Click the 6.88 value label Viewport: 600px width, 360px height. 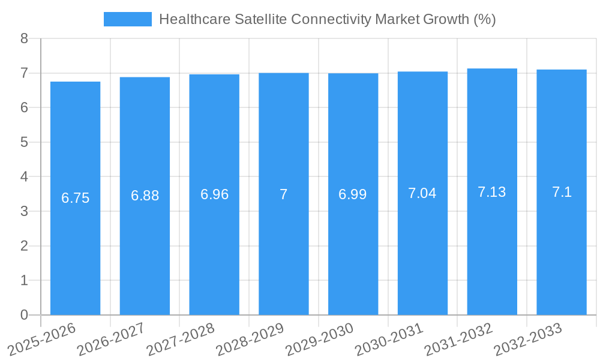click(145, 196)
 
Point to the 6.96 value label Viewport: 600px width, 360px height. click(214, 194)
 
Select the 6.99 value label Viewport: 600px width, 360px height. click(353, 194)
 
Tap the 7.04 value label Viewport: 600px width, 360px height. click(422, 193)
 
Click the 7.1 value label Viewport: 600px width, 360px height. click(562, 192)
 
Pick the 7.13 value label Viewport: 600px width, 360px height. click(492, 192)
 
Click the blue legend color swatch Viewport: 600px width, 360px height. click(127, 19)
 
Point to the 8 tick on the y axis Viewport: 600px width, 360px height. click(24, 39)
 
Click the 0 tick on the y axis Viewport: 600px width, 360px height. click(24, 315)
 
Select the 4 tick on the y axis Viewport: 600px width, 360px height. click(24, 177)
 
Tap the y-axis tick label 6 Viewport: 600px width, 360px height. click(24, 108)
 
